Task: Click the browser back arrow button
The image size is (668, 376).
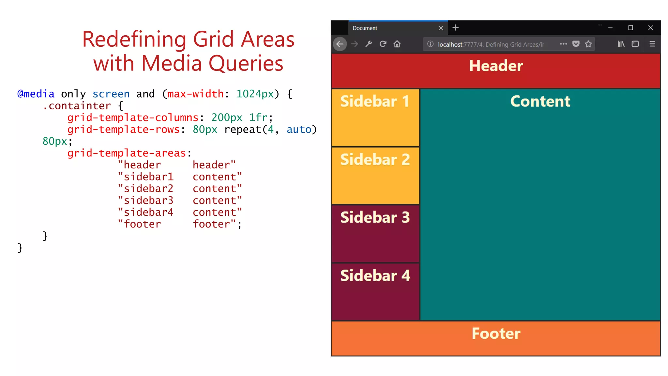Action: point(340,44)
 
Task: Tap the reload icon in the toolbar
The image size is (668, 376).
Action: point(383,44)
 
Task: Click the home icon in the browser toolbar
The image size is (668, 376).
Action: point(397,44)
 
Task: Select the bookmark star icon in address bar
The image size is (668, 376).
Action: point(588,44)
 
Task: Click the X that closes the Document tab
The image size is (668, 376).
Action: point(441,28)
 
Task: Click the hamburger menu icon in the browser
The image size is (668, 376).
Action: point(652,44)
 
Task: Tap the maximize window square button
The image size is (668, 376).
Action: point(630,28)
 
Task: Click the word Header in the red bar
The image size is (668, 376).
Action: point(496,66)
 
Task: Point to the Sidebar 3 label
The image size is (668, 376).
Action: point(375,217)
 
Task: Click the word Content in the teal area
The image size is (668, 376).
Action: point(540,102)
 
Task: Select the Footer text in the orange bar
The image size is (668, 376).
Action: point(496,334)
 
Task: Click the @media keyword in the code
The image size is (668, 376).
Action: point(36,94)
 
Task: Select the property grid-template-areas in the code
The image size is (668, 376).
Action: point(127,153)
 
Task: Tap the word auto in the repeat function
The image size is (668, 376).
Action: point(299,130)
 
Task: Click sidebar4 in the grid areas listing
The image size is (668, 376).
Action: point(148,212)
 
